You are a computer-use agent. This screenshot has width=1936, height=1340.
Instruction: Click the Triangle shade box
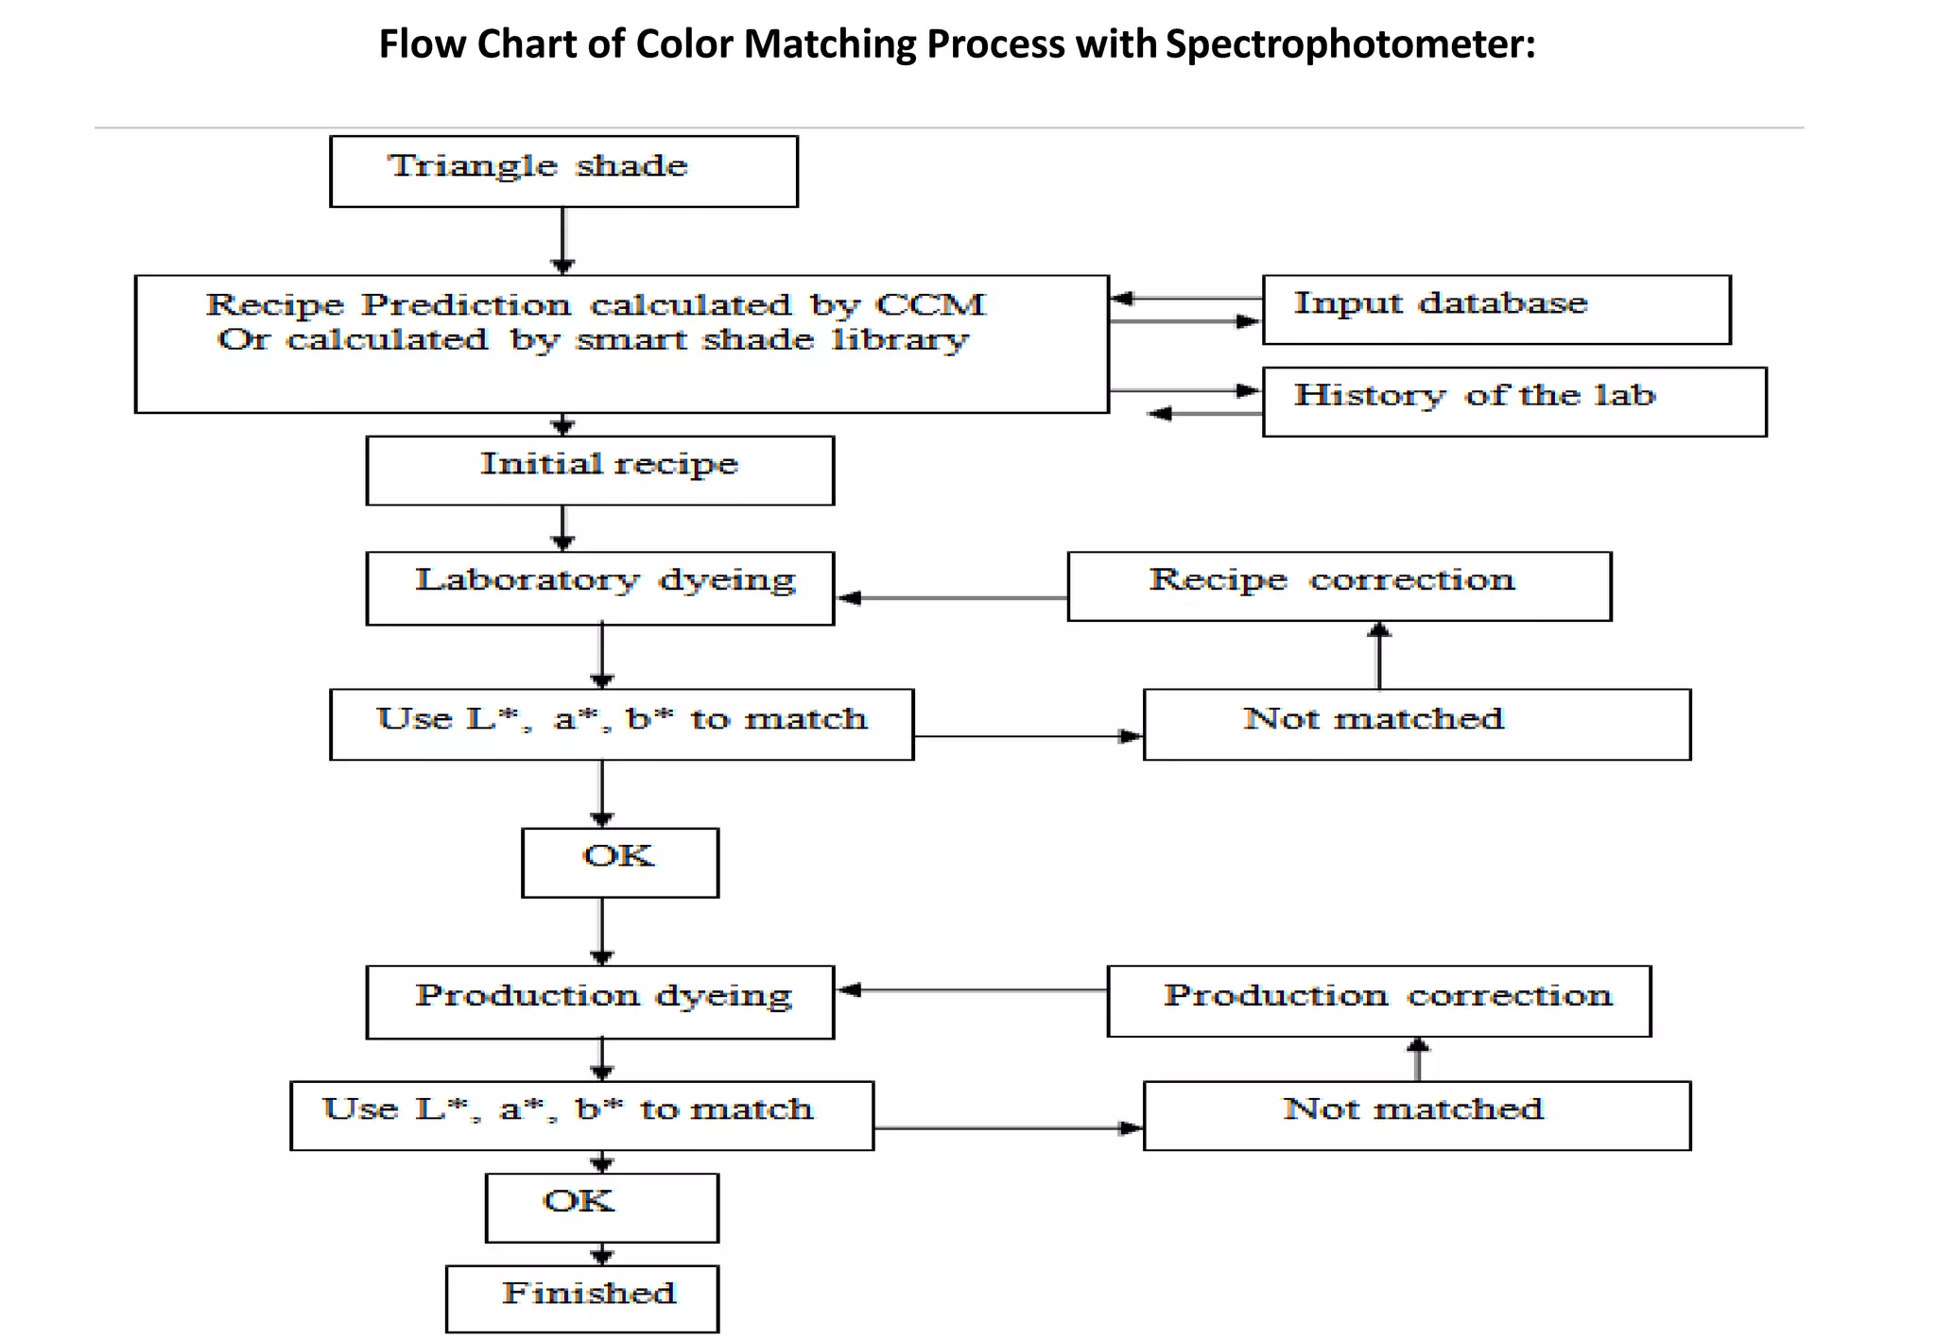563,171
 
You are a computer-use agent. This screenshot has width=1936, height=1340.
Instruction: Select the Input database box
1495,309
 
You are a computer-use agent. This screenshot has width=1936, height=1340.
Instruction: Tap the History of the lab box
1513,402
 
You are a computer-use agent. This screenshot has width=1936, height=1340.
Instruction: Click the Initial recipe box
599,470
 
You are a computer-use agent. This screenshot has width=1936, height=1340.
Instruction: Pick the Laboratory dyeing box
599,588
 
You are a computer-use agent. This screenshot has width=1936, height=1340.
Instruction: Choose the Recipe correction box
1339,586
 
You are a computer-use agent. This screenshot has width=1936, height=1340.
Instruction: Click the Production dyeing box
599,1002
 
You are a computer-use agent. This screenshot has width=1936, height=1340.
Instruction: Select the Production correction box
1378,1001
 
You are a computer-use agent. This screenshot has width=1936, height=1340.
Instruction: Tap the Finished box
581,1298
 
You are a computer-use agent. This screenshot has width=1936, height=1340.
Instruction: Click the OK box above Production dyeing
619,862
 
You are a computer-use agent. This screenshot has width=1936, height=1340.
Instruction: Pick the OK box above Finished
601,1207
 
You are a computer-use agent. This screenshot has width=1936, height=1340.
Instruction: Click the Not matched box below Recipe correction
1416,724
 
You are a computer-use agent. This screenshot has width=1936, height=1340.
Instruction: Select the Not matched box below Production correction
1416,1115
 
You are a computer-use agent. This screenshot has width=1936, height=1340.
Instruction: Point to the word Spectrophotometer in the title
1350,44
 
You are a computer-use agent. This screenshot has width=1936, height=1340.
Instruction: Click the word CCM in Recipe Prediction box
930,304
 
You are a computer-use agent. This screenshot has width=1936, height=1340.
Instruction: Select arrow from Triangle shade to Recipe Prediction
562,240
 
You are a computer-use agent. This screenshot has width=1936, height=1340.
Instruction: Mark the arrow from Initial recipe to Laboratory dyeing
562,527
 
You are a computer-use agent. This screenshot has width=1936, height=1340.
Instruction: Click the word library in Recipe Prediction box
900,340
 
